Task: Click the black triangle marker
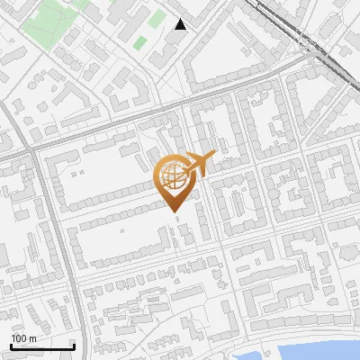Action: (x=181, y=24)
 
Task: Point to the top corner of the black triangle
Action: (x=181, y=19)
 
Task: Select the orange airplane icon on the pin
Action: (x=199, y=165)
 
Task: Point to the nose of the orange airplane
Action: (x=214, y=156)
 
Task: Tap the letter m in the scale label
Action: (x=31, y=338)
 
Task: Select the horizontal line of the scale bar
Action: (x=41, y=346)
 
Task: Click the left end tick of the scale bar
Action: (x=10, y=345)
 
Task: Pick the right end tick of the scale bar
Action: (x=73, y=345)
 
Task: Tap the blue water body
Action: (x=315, y=351)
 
